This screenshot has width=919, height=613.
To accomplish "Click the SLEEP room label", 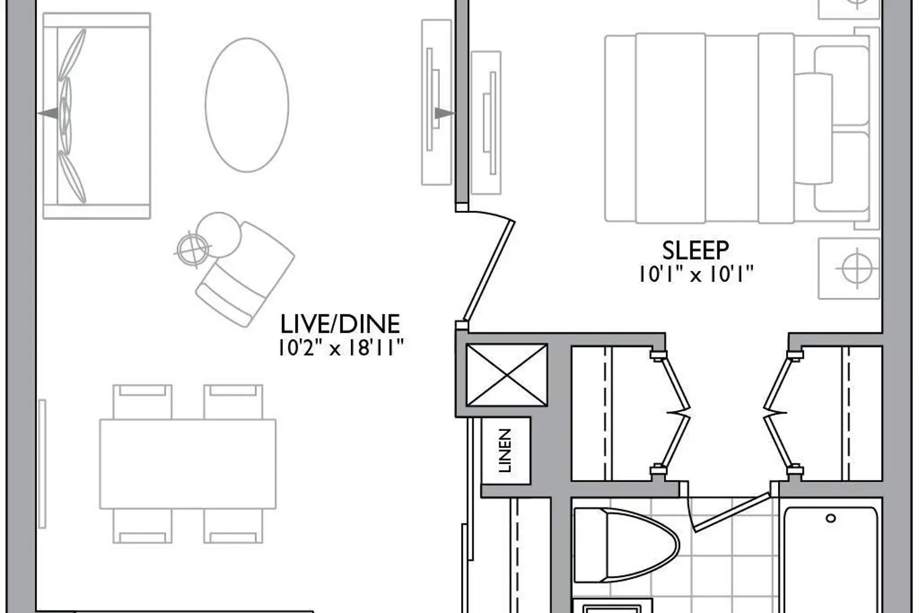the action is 695,250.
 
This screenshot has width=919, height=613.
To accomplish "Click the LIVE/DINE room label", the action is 340,324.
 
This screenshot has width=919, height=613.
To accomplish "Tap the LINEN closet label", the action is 505,451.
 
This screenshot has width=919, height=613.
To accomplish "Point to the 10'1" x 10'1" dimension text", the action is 696,274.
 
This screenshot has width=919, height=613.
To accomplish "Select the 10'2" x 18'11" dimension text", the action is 341,348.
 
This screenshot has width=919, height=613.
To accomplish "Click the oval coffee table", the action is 247,105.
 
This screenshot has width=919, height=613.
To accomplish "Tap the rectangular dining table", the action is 188,464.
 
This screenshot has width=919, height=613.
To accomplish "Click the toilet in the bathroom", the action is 626,545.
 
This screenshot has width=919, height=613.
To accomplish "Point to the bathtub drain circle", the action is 830,519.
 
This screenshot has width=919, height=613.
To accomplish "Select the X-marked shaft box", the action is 507,375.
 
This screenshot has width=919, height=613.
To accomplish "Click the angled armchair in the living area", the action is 245,274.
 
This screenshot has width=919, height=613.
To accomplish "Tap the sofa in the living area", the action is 97,116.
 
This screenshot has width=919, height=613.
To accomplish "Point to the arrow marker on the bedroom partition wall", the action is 445,113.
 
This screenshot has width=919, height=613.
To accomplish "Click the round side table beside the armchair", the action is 218,235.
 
